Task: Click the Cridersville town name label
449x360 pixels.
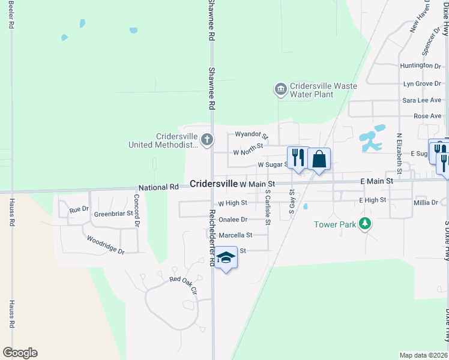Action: click(213, 184)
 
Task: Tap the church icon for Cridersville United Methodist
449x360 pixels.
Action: click(206, 140)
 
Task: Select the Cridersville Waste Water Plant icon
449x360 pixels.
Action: click(280, 90)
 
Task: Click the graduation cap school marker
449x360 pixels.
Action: click(226, 258)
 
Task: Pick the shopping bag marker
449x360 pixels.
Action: click(319, 160)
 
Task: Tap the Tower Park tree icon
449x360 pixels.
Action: click(364, 224)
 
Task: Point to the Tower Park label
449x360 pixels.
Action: click(335, 225)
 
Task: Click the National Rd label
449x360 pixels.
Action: click(158, 187)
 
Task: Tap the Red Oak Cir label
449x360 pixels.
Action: click(183, 280)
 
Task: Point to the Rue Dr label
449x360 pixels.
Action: click(79, 210)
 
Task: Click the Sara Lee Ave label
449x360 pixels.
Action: click(421, 100)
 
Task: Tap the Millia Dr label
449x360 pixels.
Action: click(426, 203)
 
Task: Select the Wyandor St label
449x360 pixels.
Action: click(251, 134)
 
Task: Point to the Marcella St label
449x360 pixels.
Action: click(235, 235)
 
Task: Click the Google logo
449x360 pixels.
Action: click(20, 353)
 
